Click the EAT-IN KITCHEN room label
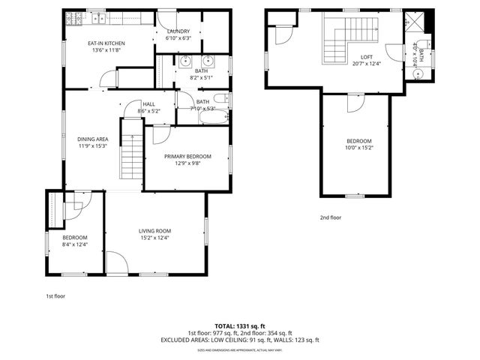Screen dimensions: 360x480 (x=106, y=43)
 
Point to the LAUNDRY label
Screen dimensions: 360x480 (x=178, y=31)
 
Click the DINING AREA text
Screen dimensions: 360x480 (x=93, y=139)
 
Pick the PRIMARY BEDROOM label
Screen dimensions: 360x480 (x=187, y=156)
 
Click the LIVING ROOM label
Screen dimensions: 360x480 (x=154, y=231)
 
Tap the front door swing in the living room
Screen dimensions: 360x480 (x=116, y=262)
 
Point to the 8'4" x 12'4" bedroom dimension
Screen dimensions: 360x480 (x=75, y=244)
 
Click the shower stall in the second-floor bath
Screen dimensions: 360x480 (x=415, y=20)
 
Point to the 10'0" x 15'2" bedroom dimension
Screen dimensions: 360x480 (x=358, y=148)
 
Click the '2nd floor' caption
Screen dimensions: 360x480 (x=330, y=217)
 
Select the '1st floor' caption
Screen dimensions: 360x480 (x=55, y=296)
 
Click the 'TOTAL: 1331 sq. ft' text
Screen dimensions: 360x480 (x=240, y=327)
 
